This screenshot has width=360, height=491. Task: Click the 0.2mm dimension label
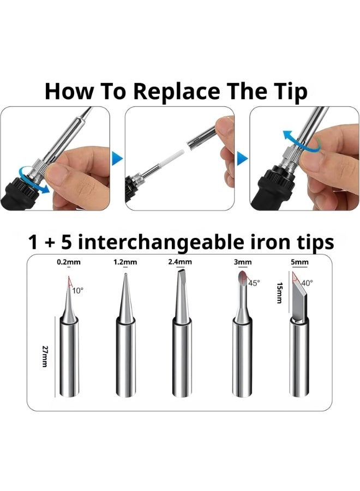pos(69,262)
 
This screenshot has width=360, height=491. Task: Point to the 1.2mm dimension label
pos(125,262)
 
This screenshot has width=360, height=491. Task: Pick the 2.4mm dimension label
pos(181,262)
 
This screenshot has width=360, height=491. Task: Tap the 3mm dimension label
pos(243,262)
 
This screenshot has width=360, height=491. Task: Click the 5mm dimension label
pos(299,262)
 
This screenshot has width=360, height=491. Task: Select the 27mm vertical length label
pos(44,355)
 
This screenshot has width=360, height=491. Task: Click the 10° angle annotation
pos(78,291)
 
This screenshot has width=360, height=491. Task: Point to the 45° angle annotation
pos(254,283)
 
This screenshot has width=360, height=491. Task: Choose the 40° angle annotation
pos(307,283)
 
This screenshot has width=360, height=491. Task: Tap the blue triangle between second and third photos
pos(242,159)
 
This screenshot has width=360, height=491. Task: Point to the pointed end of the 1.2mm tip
pos(125,278)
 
